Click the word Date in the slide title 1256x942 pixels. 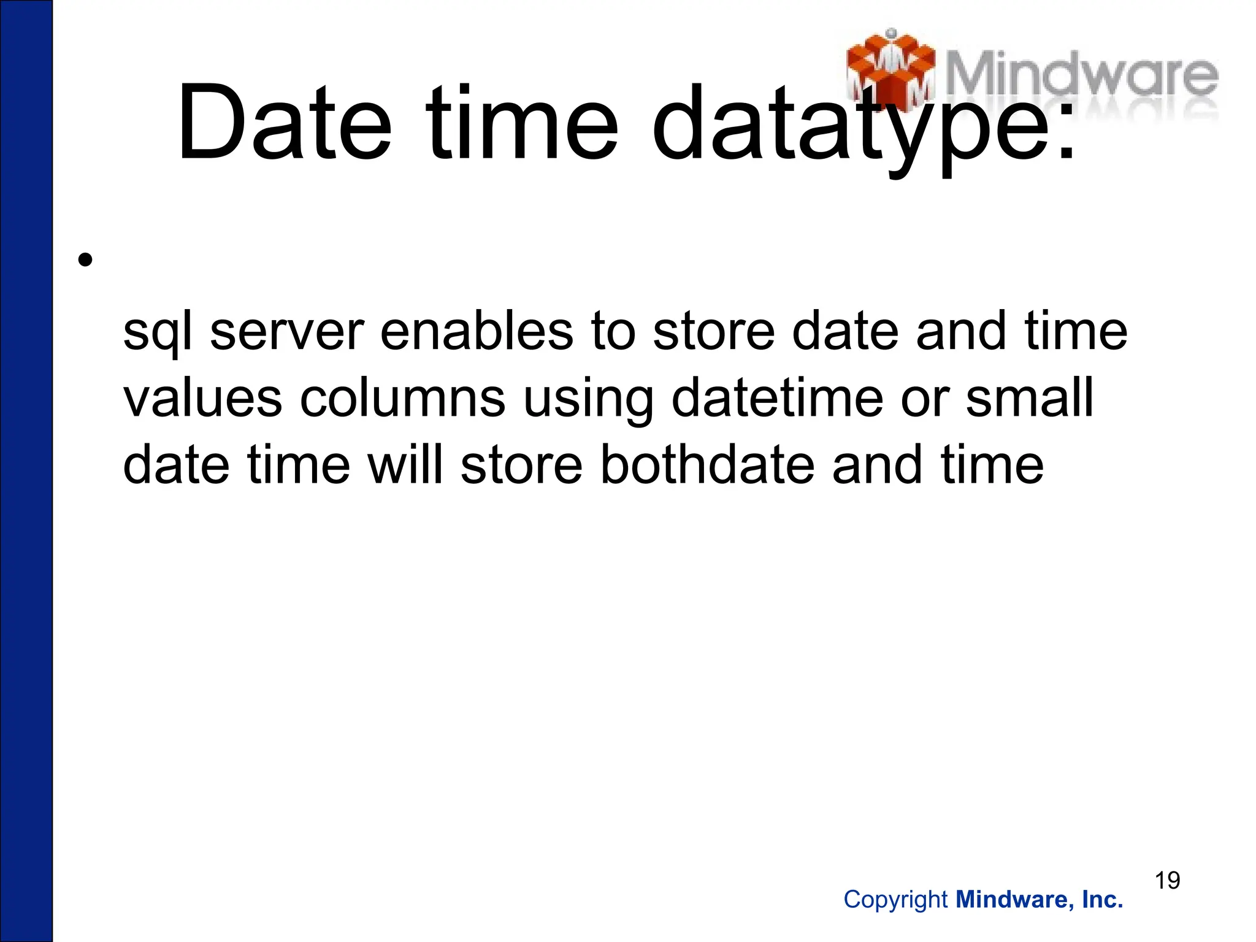coord(283,123)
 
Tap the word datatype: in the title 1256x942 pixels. coord(863,126)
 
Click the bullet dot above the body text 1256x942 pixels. coord(85,261)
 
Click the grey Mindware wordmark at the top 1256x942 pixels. coord(1082,77)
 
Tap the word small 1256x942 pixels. coord(1030,397)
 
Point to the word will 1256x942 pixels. coord(404,464)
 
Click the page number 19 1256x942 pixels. coord(1167,880)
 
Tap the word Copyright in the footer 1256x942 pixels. coord(895,900)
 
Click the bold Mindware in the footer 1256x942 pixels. coord(1013,900)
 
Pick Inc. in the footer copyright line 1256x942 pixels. coord(1102,900)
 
